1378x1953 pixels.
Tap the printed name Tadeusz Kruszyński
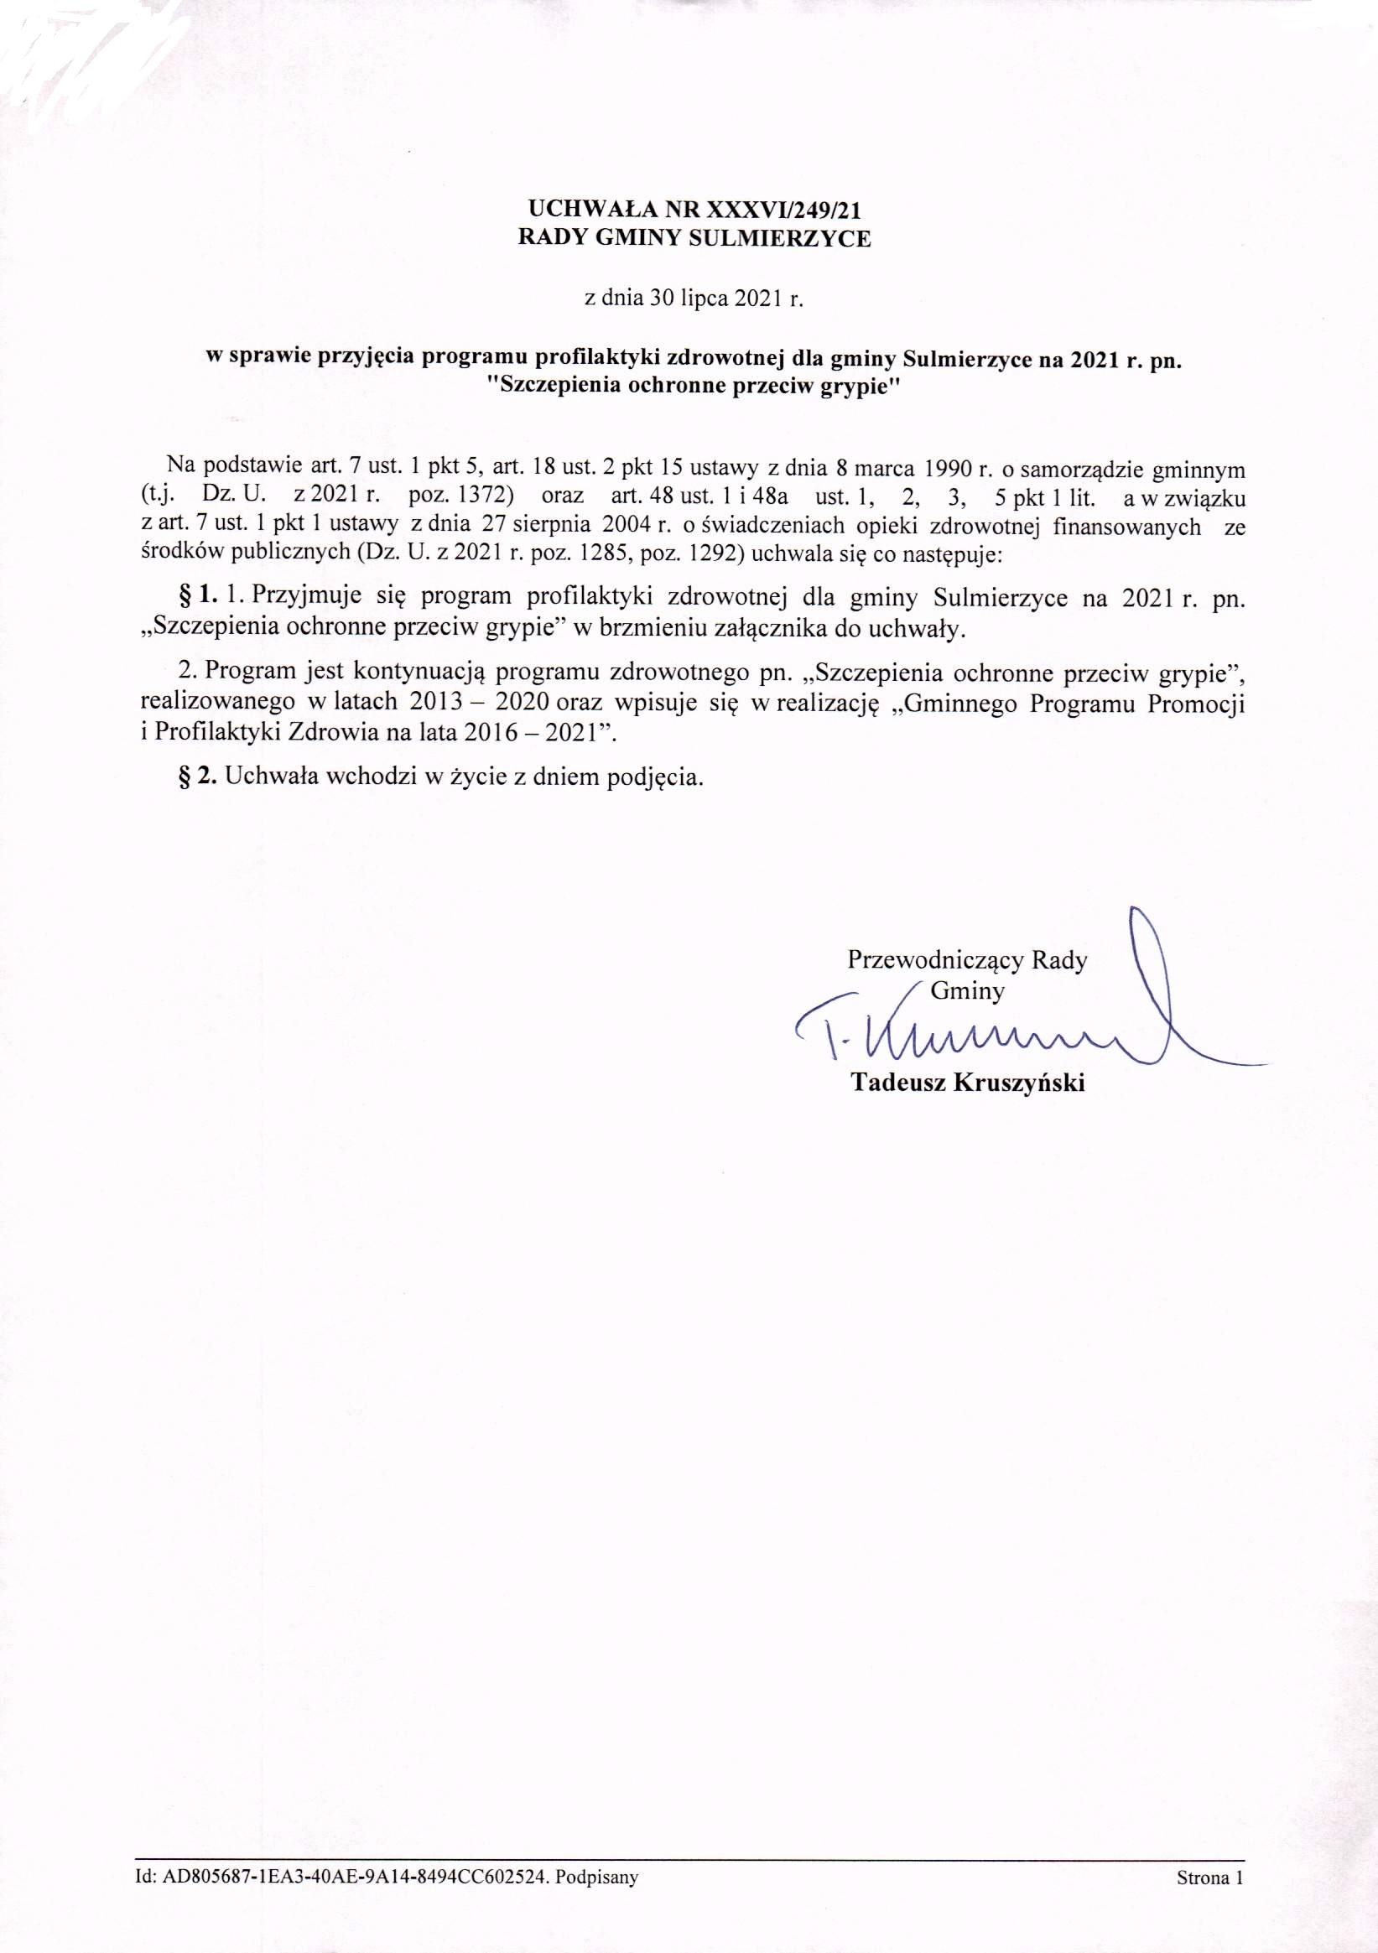click(x=967, y=1083)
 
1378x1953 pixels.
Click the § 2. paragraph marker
click(x=195, y=778)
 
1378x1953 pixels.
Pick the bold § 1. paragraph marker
click(x=195, y=598)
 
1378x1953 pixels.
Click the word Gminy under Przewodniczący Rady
click(x=968, y=990)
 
